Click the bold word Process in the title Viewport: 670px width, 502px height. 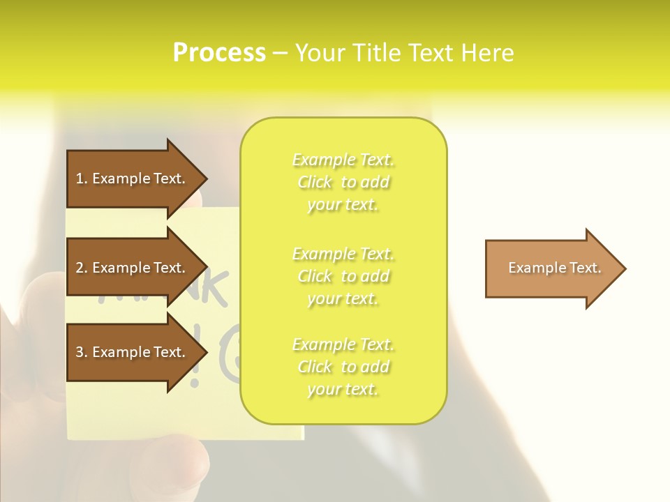pos(219,53)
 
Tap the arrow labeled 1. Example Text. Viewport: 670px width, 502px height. pos(133,178)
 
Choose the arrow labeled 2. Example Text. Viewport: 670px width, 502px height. pos(133,268)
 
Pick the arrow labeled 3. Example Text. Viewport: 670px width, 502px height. pos(133,352)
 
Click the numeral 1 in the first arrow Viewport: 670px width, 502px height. pos(80,178)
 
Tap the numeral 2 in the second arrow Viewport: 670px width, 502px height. pos(80,268)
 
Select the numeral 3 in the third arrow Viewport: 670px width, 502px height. pos(80,352)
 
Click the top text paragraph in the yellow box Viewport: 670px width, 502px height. pos(343,182)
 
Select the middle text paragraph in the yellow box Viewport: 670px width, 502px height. pos(343,276)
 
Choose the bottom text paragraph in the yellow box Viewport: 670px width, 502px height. pos(343,367)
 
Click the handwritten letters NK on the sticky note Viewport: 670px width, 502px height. pos(213,287)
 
